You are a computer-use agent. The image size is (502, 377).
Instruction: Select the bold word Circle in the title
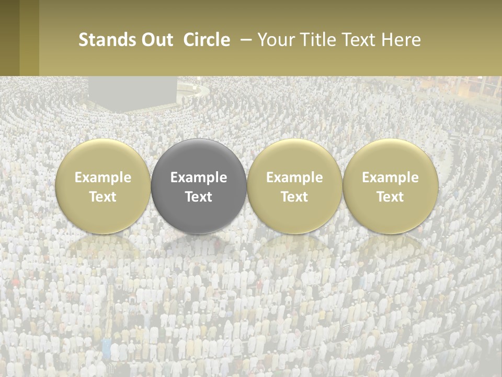[207, 40]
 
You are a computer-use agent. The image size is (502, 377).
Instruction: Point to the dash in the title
[244, 40]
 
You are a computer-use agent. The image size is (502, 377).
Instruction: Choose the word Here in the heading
[401, 40]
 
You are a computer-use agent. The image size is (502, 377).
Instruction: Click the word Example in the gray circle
[199, 178]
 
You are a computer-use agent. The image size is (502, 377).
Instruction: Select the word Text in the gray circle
[199, 197]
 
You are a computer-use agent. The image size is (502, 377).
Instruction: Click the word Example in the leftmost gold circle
[103, 178]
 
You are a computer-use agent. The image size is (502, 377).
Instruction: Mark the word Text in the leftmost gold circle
[103, 197]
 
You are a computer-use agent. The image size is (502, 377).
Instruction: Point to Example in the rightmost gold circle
[390, 178]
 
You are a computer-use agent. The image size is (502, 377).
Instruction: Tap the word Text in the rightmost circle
[390, 197]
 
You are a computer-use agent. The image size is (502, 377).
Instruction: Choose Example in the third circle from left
[294, 178]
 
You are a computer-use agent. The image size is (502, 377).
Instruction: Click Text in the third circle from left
[294, 197]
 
